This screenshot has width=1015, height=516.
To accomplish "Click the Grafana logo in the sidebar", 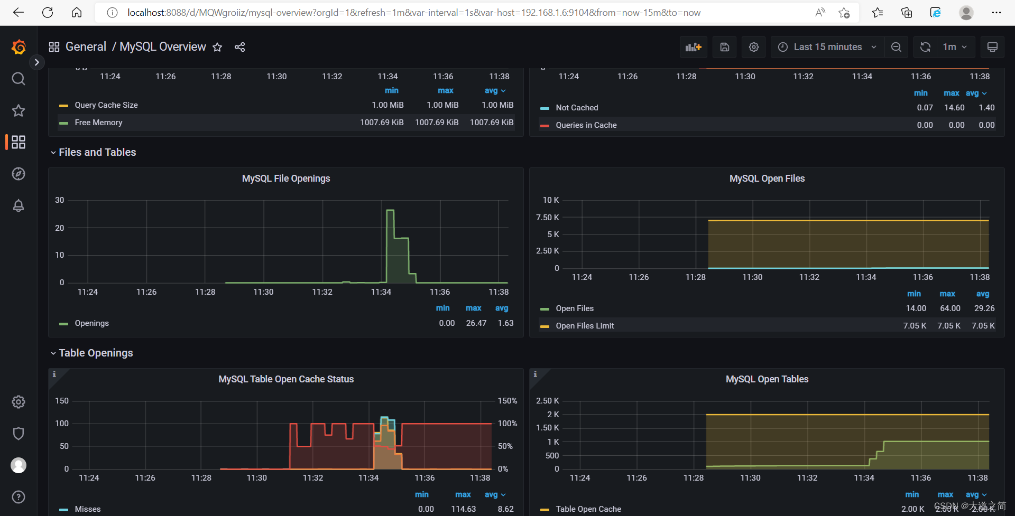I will (19, 48).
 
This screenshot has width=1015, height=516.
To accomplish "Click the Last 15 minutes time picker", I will (827, 47).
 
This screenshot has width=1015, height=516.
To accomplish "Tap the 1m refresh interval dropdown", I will (955, 47).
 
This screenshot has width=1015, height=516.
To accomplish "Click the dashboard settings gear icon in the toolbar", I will (754, 47).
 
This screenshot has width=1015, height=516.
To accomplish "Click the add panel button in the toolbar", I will (693, 47).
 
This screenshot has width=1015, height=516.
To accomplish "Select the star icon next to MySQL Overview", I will (217, 47).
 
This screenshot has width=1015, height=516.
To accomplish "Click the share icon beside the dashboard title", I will (239, 47).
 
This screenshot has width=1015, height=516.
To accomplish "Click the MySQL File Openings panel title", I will (285, 179).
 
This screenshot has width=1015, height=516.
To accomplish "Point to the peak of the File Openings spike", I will (390, 210).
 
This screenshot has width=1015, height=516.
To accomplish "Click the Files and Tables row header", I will (97, 152).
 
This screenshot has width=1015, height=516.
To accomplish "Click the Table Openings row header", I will (96, 353).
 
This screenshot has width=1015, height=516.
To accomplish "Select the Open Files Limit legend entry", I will (585, 326).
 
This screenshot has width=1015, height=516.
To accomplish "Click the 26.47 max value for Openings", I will (476, 323).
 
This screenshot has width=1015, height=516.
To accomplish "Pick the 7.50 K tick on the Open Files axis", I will (547, 218).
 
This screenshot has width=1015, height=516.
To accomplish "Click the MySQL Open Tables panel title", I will (767, 379).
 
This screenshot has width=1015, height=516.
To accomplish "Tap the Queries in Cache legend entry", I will (586, 125).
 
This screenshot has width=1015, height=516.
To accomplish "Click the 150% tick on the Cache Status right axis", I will (507, 401).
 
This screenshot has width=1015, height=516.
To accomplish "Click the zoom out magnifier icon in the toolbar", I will (896, 47).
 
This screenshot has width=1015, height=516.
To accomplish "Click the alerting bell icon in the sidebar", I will (19, 205).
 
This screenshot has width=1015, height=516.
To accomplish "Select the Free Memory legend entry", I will (98, 123).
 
